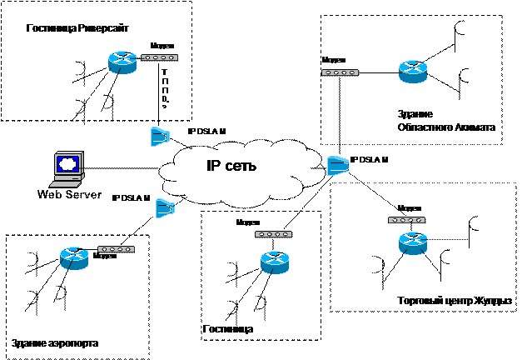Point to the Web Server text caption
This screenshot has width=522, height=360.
click(69, 194)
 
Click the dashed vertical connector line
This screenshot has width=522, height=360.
click(165, 87)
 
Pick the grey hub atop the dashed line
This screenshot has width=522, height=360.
click(158, 57)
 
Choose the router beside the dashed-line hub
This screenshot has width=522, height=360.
click(122, 62)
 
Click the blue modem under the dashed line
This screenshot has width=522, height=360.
click(160, 136)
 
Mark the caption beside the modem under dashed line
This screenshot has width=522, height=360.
click(206, 132)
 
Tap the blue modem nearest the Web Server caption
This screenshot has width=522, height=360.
click(165, 207)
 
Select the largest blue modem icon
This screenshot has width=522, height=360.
click(337, 165)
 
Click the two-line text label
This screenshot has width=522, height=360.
click(445, 121)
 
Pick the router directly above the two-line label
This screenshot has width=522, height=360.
click(412, 72)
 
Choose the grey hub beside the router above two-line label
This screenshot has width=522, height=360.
click(340, 72)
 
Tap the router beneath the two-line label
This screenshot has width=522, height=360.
click(412, 242)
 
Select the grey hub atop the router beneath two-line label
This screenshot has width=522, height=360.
click(406, 219)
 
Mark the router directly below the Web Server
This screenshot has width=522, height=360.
click(74, 258)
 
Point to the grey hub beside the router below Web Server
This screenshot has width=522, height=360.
click(116, 249)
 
